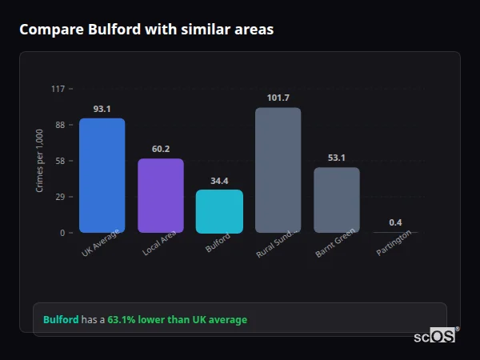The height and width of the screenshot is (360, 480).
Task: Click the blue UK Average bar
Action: pyautogui.click(x=102, y=175)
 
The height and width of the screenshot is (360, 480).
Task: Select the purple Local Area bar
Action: pyautogui.click(x=161, y=195)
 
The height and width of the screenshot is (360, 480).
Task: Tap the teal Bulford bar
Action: pyautogui.click(x=219, y=211)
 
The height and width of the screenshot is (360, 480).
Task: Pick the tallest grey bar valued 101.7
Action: pyautogui.click(x=278, y=170)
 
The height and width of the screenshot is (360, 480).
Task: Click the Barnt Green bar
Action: pyautogui.click(x=337, y=200)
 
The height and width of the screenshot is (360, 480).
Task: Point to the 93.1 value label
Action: pyautogui.click(x=102, y=109)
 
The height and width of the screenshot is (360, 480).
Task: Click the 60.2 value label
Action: pyautogui.click(x=161, y=149)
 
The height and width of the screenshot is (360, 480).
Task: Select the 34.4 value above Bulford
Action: pyautogui.click(x=219, y=181)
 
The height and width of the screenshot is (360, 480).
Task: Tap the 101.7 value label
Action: pyautogui.click(x=278, y=98)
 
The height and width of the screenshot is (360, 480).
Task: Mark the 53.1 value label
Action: pyautogui.click(x=337, y=158)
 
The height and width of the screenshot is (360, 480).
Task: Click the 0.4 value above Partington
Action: pyautogui.click(x=395, y=222)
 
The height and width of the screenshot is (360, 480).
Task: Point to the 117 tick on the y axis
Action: pyautogui.click(x=58, y=89)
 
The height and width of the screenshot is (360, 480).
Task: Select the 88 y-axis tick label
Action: pyautogui.click(x=59, y=125)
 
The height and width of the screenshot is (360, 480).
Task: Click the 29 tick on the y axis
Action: pyautogui.click(x=59, y=197)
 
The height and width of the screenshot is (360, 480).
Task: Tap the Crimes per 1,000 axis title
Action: pyautogui.click(x=40, y=161)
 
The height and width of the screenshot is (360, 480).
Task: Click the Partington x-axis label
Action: pyautogui.click(x=394, y=243)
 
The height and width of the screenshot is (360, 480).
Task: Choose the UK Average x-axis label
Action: pyautogui.click(x=101, y=243)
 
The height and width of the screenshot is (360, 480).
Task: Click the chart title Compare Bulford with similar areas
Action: pyautogui.click(x=146, y=30)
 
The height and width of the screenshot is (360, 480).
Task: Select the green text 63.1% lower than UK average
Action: pyautogui.click(x=177, y=320)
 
